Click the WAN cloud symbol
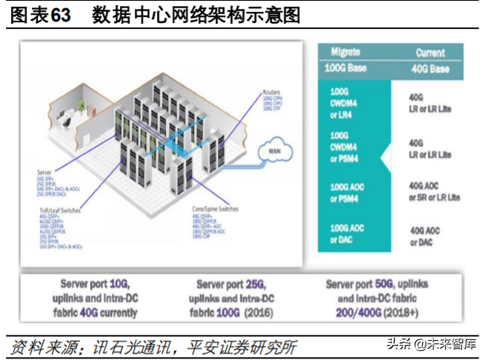[x=272, y=153]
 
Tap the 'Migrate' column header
[x=344, y=53]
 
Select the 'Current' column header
[x=430, y=53]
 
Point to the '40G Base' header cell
[x=430, y=69]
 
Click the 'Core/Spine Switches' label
[x=215, y=210]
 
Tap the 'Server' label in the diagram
[x=44, y=171]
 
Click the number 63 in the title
[x=61, y=16]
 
